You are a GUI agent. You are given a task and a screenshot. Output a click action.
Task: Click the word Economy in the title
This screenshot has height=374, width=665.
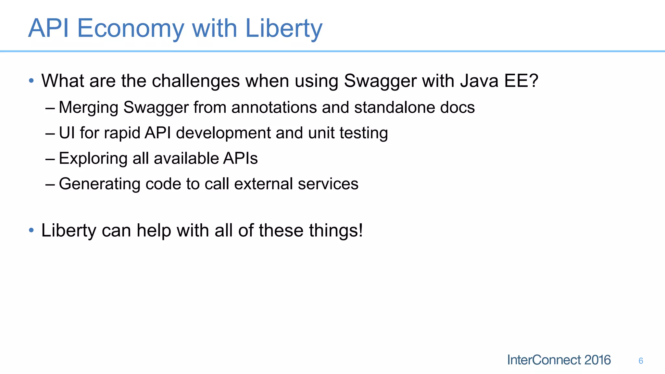[x=131, y=29]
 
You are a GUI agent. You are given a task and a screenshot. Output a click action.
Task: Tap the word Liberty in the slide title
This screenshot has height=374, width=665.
[x=283, y=29]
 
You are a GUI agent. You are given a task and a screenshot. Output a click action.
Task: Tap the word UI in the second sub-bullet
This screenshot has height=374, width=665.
[x=67, y=133]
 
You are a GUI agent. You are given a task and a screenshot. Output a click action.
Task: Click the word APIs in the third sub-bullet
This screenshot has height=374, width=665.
[x=240, y=158]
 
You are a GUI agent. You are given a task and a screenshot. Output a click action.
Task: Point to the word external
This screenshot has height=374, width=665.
[x=263, y=184]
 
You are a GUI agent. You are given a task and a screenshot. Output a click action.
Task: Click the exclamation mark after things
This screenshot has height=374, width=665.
[x=360, y=230]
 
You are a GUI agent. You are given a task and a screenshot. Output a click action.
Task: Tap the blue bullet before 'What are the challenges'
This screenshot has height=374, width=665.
[x=31, y=81]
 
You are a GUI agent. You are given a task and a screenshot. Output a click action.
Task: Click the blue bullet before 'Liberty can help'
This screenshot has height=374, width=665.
[x=31, y=230]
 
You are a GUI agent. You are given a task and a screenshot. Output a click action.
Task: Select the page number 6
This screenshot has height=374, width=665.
[x=641, y=361]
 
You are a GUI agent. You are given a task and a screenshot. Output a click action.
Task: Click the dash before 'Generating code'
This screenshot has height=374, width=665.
[x=50, y=184]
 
